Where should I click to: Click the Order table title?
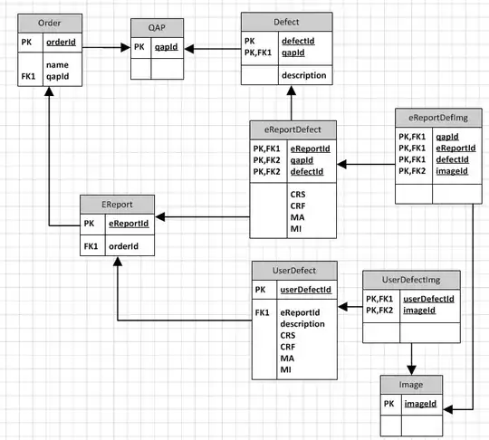[x=43, y=21]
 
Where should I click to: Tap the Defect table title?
[x=285, y=21]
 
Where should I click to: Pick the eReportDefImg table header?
[x=436, y=117]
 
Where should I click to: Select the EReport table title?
[x=116, y=204]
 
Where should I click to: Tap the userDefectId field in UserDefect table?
[x=305, y=290]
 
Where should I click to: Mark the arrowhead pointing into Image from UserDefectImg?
[x=411, y=368]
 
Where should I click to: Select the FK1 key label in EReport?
[x=90, y=244]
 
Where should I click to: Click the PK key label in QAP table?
[x=139, y=47]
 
